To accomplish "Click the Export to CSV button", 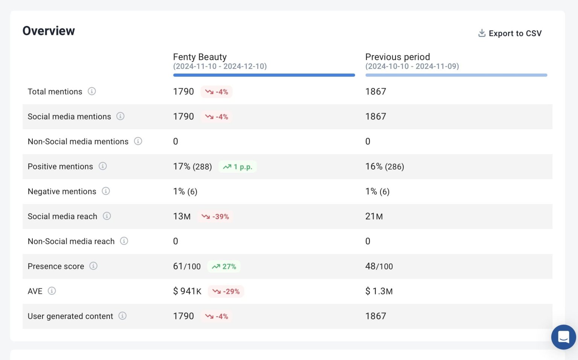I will coord(510,34).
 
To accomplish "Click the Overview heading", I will coord(49,31).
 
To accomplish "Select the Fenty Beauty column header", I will coord(200,57).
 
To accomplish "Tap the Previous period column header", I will coord(397,57).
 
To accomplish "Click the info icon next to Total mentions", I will coord(92,91).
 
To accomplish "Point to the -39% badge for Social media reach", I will coord(216,217).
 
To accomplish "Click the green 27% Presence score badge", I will coord(224,267).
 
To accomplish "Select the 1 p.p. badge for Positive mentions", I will coord(238,167).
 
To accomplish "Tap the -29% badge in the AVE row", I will coord(226,291).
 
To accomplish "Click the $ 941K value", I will coord(187,291).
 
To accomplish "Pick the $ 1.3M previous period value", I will coord(379,291).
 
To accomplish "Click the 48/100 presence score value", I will coord(379,267).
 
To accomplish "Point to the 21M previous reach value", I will coord(374,217).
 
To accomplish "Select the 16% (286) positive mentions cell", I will coord(384,167).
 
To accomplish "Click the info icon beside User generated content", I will coord(122,316).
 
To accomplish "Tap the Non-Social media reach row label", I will coord(71,241).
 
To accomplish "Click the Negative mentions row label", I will coord(62,192).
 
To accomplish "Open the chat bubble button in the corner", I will coord(563,337).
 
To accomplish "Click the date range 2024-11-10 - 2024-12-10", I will coord(220,67).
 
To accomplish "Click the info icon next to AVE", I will coord(52,291).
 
